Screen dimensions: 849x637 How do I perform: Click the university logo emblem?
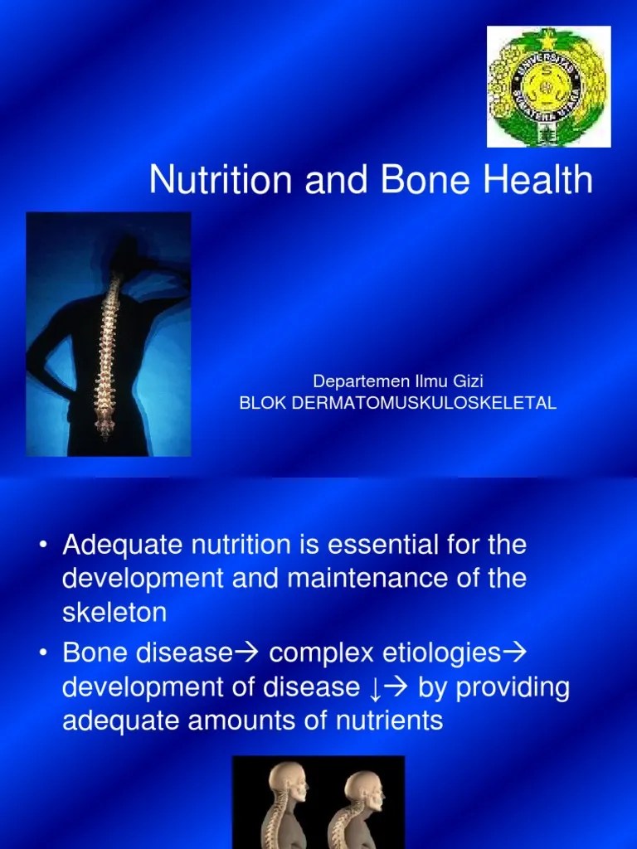coord(548,86)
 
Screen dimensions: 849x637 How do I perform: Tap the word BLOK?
coord(262,403)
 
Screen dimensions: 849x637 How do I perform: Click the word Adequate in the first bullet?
coord(124,546)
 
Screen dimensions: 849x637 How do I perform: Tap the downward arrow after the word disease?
coord(378,688)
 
